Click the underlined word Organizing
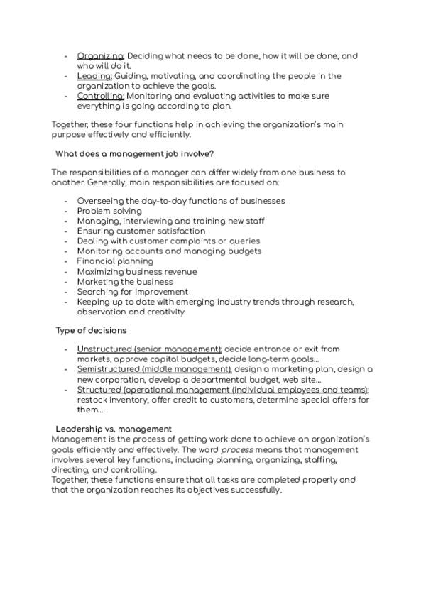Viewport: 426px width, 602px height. click(x=100, y=55)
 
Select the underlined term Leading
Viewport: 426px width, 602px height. click(x=94, y=76)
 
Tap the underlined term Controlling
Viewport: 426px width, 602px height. click(x=100, y=96)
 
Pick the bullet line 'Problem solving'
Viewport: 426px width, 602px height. click(x=109, y=211)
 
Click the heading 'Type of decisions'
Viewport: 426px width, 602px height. click(x=91, y=330)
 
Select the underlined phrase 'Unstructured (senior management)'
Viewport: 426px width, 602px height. click(x=149, y=349)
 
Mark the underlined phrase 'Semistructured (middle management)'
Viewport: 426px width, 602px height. click(x=154, y=369)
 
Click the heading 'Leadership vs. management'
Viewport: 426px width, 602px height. click(x=114, y=429)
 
